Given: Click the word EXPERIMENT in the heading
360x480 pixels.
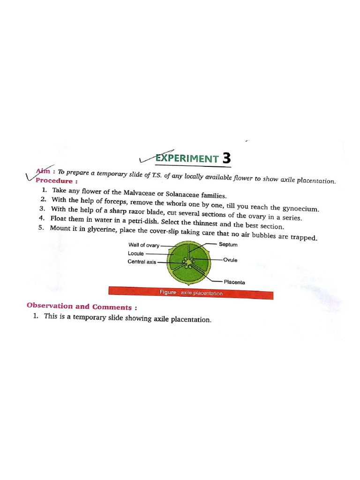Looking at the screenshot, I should point(187,158).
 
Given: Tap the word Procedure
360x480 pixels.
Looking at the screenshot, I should point(54,181).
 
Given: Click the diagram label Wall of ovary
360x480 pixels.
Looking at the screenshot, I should point(144,245).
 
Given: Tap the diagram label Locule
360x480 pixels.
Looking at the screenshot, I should point(136,254).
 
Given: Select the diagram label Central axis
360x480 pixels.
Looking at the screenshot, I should point(142,262).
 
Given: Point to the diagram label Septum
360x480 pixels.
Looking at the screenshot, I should point(228,245).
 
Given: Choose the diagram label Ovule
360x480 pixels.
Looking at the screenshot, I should point(230,260).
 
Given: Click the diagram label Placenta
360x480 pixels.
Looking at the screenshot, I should point(234,282).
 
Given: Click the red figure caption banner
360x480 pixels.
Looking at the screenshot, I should point(190,293).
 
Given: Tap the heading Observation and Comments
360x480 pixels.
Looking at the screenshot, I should point(82,307).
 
